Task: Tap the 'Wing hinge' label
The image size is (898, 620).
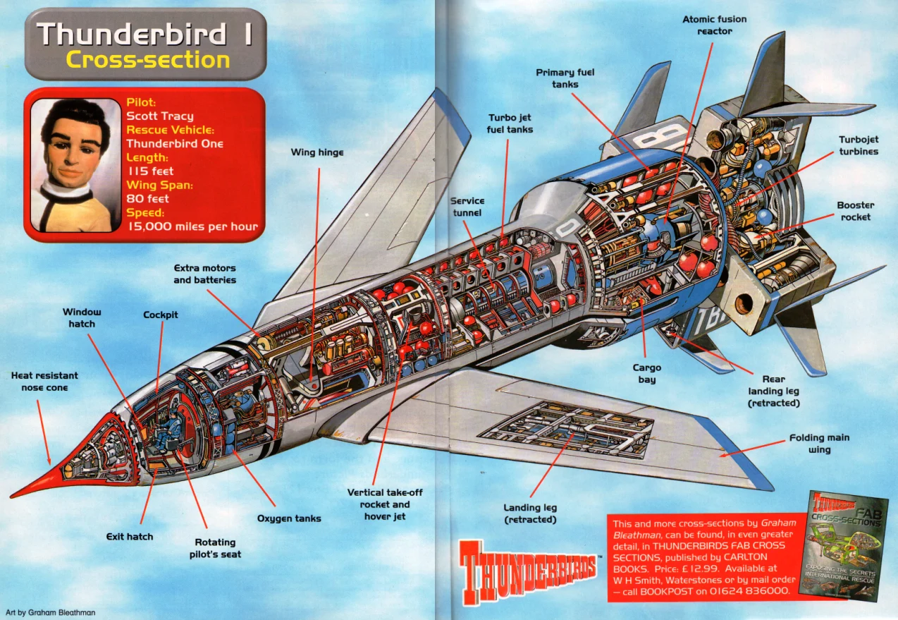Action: (x=317, y=152)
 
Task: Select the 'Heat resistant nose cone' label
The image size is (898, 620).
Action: (x=44, y=382)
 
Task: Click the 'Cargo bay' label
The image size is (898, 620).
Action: (x=646, y=374)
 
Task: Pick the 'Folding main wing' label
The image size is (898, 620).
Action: (x=819, y=444)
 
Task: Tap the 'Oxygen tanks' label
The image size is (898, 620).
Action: (x=289, y=518)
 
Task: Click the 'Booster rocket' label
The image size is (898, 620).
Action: (x=855, y=211)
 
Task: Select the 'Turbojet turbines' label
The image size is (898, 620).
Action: (x=858, y=145)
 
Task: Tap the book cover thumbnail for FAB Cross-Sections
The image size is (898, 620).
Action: (x=842, y=545)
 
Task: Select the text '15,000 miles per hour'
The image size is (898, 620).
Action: (x=192, y=226)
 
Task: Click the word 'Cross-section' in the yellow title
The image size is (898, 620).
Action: (x=148, y=60)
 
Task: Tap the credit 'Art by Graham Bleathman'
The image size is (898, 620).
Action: (x=50, y=612)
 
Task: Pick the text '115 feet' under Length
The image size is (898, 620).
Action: (x=150, y=171)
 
